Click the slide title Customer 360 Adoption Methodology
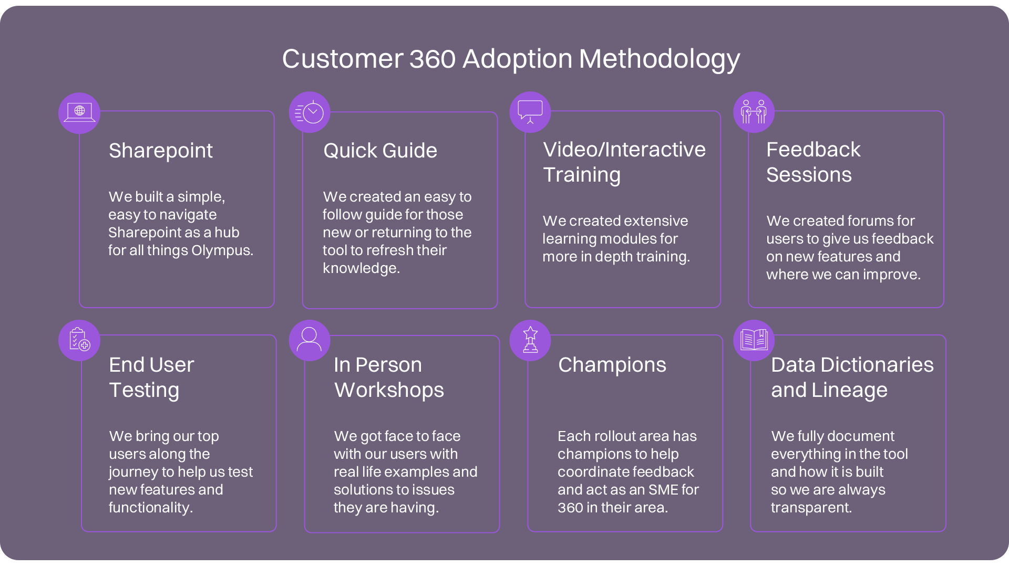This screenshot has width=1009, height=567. [511, 59]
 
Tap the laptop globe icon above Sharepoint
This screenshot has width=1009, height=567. [79, 113]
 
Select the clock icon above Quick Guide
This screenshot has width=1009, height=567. [310, 112]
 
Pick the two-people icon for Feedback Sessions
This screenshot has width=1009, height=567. [754, 112]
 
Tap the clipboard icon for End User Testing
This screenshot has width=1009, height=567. [79, 340]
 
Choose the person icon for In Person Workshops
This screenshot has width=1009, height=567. [310, 340]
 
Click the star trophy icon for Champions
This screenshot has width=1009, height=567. [530, 340]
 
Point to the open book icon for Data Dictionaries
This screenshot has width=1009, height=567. [754, 340]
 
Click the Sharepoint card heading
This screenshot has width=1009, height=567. [161, 151]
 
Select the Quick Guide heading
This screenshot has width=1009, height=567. [380, 151]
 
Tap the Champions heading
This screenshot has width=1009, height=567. [612, 365]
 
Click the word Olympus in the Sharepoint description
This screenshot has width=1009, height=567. [222, 251]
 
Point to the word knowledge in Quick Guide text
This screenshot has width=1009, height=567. [362, 268]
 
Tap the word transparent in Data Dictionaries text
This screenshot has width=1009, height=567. [811, 508]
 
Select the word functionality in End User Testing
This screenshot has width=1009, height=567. [151, 508]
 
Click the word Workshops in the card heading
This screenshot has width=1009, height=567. [389, 390]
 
